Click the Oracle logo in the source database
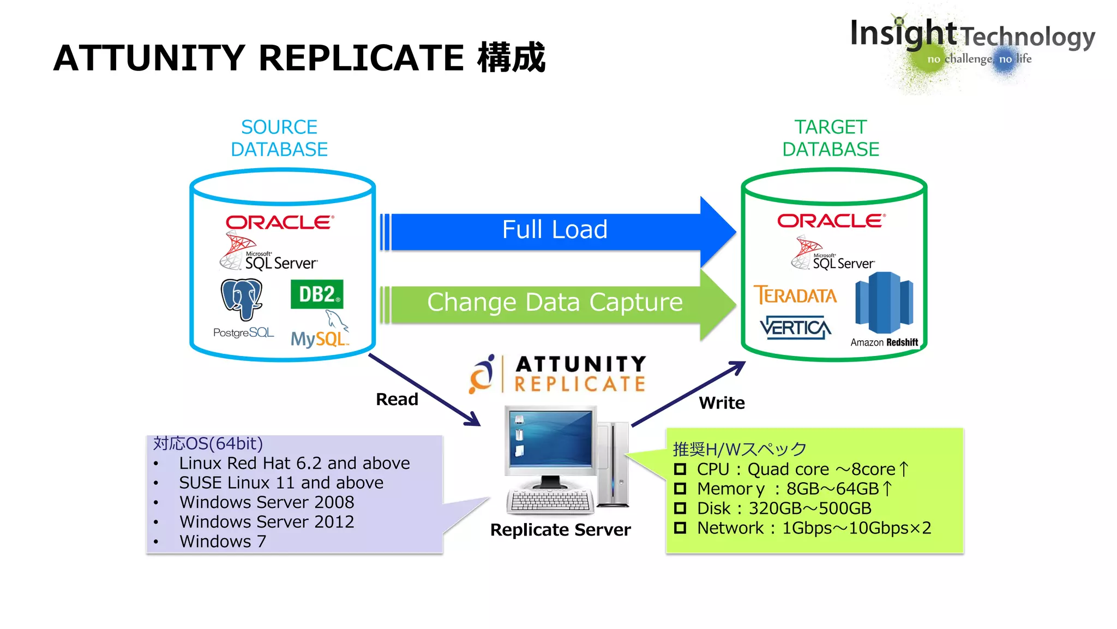279,222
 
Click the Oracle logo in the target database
831,221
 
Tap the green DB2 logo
317,294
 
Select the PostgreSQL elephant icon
242,299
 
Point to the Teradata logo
795,295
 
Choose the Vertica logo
795,328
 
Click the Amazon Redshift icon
884,304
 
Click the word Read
397,399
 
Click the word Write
722,403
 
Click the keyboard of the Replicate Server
550,501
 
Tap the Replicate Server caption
560,530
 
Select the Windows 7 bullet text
223,541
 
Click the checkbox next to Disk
680,508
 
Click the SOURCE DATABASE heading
279,138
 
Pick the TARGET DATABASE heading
831,138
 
